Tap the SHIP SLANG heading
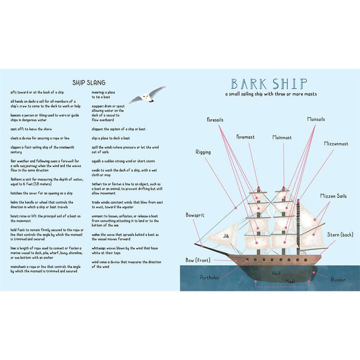pos(89,82)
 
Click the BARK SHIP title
pos(269,84)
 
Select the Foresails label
pos(215,120)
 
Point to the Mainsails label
pos(316,119)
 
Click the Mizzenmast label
pos(336,144)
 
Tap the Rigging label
pos(203,152)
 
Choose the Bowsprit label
pos(195,215)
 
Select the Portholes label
pos(209,278)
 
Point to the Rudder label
pos(338,279)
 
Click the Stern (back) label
pos(340,235)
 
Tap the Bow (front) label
pos(198,260)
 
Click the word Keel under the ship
pos(290,281)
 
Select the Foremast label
pos(245,137)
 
